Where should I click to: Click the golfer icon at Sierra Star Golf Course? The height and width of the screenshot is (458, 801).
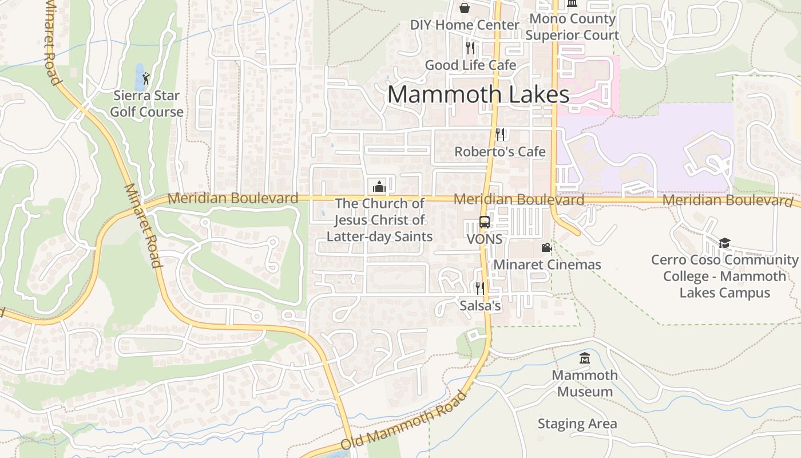click(146, 78)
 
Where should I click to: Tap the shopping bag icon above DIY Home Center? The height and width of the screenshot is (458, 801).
click(465, 8)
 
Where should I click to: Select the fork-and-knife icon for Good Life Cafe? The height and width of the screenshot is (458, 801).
click(470, 48)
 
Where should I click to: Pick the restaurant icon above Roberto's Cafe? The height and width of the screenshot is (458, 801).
click(500, 135)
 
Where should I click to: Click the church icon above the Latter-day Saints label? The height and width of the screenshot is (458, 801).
click(379, 186)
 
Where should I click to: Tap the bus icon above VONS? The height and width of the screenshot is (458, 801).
click(485, 222)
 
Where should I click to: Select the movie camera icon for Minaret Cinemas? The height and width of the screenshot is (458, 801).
click(546, 247)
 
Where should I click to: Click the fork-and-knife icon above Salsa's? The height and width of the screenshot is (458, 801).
click(480, 288)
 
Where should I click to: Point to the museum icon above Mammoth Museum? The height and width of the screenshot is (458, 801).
click(585, 358)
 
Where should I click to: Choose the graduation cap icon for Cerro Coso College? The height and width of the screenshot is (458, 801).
click(724, 243)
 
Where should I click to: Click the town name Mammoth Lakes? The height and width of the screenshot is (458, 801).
click(478, 94)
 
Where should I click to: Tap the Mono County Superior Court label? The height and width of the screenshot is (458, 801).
click(572, 27)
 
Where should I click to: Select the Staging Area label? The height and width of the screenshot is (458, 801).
click(577, 424)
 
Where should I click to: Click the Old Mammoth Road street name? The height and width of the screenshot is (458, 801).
click(403, 421)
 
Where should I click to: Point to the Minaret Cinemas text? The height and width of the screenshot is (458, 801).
click(548, 264)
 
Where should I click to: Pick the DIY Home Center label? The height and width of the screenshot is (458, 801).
click(465, 25)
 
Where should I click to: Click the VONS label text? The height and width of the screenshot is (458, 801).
click(485, 239)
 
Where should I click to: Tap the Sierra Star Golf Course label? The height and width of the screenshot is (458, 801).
click(146, 104)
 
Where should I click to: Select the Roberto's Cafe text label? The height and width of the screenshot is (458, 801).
click(500, 152)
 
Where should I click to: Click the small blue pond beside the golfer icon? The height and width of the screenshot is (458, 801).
click(140, 76)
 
